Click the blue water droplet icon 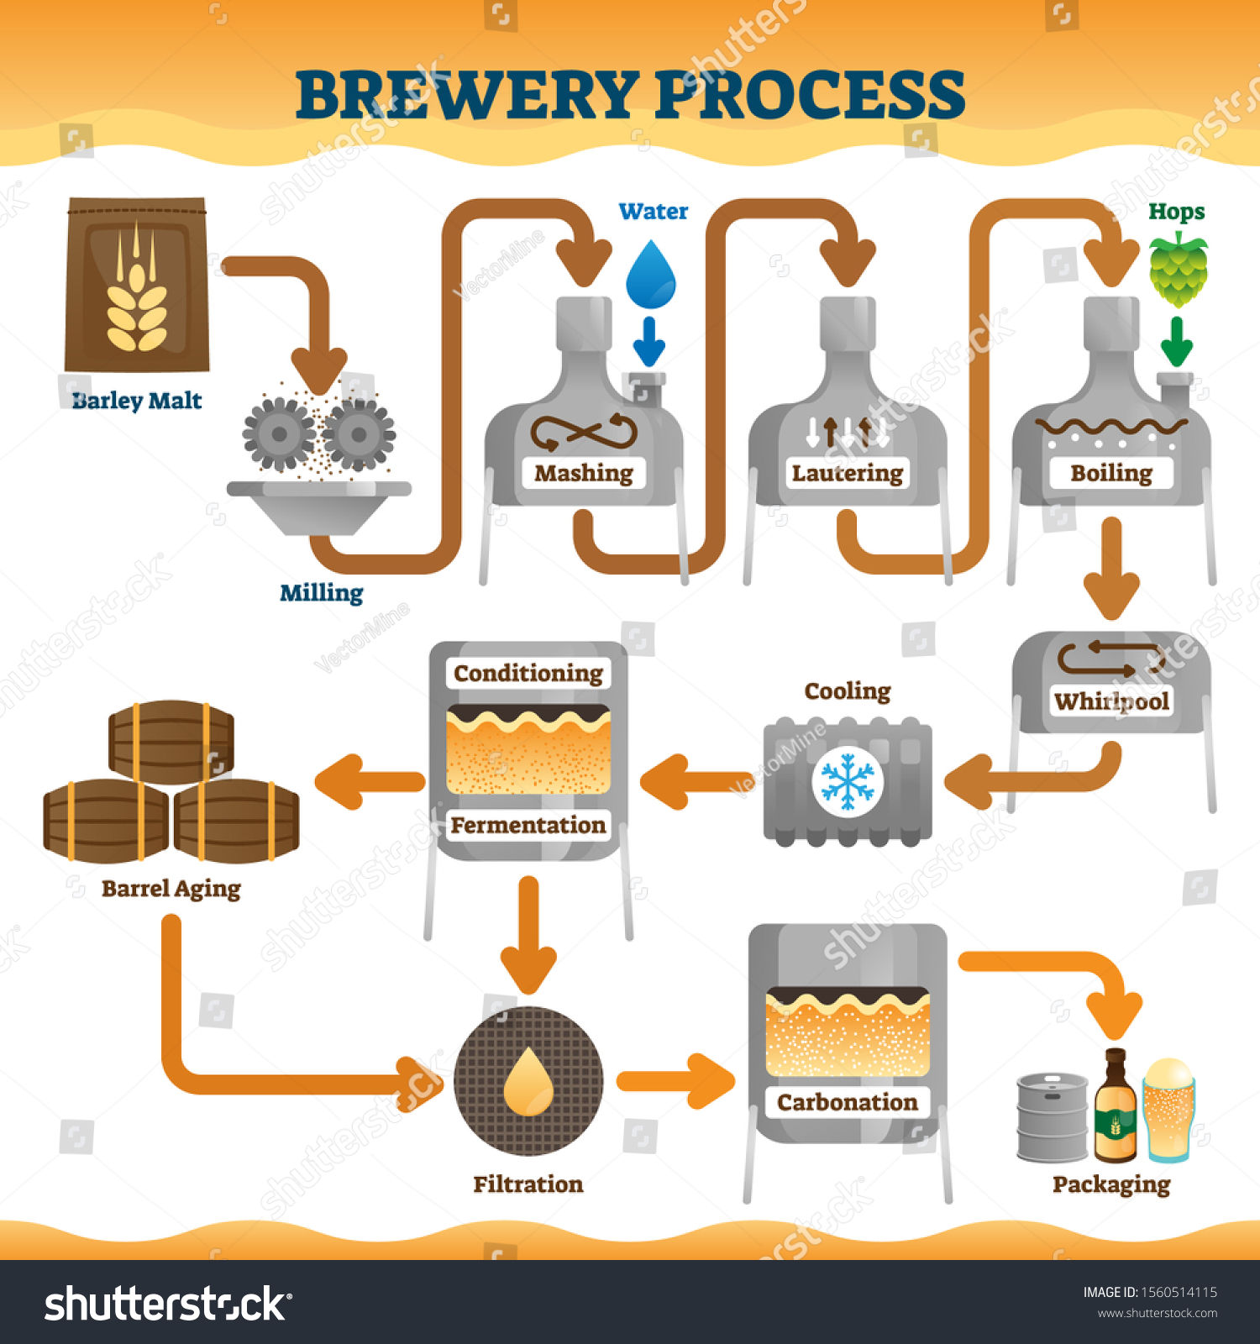click(651, 275)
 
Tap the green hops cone click(1179, 270)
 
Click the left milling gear click(280, 433)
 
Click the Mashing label click(584, 473)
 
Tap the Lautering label click(848, 473)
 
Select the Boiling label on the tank click(1111, 473)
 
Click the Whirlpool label click(1111, 701)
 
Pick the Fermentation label click(528, 825)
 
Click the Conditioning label click(528, 673)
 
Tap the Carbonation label click(848, 1102)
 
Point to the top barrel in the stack click(171, 742)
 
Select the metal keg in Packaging click(1053, 1117)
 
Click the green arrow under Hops click(1177, 341)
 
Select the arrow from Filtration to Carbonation click(676, 1081)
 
